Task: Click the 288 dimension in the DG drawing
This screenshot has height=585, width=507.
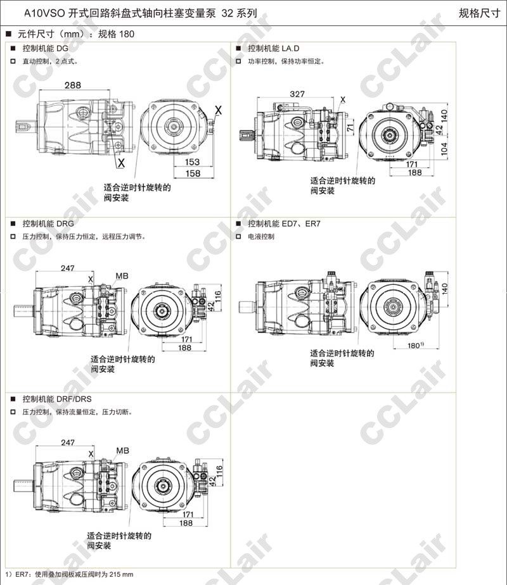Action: click(72, 85)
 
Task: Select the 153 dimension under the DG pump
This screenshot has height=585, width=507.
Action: click(192, 162)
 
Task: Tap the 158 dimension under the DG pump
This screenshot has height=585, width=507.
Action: click(193, 173)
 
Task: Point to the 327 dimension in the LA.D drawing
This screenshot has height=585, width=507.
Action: click(297, 94)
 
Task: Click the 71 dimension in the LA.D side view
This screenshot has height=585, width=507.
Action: click(350, 128)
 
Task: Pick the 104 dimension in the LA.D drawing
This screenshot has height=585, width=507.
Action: click(444, 149)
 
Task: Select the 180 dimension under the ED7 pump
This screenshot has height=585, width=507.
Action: click(414, 346)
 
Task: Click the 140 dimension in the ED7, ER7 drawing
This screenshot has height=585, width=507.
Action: click(444, 289)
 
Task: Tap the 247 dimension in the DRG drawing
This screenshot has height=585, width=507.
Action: click(68, 268)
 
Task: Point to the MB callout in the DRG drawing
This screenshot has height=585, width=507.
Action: click(122, 276)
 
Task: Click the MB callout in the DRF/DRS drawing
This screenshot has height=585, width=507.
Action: click(122, 451)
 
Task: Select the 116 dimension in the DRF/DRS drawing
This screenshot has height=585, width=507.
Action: click(219, 470)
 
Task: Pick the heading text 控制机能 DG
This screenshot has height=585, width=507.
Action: click(45, 49)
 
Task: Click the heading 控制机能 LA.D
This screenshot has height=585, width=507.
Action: click(274, 49)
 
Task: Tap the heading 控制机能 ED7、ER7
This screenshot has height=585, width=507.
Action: click(284, 224)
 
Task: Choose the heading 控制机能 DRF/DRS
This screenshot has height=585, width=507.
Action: click(57, 399)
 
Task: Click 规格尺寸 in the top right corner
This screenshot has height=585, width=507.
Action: click(479, 13)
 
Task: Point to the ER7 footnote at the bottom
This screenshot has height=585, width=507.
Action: click(69, 574)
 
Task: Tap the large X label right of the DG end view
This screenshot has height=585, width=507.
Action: click(218, 110)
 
